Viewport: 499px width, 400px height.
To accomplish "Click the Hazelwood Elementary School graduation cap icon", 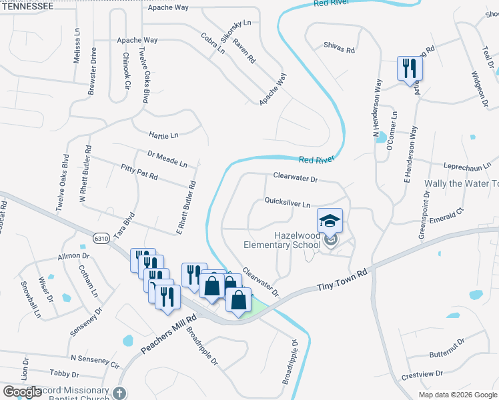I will (x=330, y=220).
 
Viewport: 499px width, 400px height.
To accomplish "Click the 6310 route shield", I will (x=101, y=238).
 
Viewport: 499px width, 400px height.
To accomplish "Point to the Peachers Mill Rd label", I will (x=163, y=335).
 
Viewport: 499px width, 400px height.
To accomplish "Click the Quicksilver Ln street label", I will (x=288, y=201).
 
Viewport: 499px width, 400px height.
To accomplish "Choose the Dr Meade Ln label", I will (x=167, y=159).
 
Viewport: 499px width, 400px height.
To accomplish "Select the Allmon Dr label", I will (x=73, y=255).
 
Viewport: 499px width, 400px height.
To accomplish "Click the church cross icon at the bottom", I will (x=119, y=393).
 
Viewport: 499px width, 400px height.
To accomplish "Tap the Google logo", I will (x=22, y=392).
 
